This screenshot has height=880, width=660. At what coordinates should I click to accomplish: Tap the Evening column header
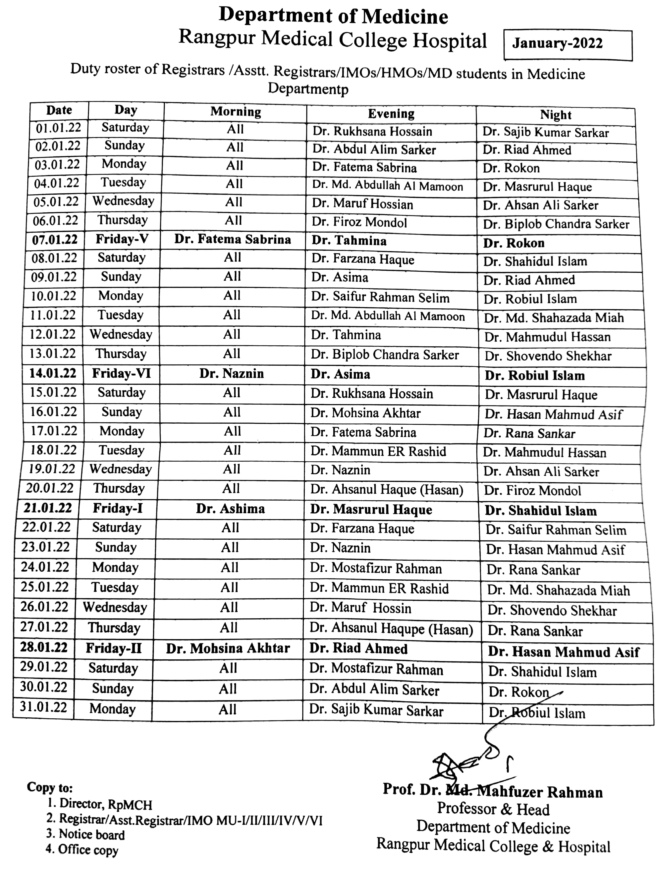[x=391, y=114]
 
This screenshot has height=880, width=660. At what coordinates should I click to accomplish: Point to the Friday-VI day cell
[x=121, y=374]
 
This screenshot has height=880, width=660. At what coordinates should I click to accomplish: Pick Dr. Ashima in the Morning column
[x=230, y=509]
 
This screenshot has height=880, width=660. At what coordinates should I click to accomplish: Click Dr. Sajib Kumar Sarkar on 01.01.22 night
[x=545, y=133]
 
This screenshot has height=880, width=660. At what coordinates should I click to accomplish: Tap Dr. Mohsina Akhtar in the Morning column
[x=228, y=648]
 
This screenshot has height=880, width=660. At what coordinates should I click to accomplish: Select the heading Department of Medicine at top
[x=333, y=16]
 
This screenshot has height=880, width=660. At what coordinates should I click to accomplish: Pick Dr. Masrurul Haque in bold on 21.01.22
[x=371, y=510]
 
